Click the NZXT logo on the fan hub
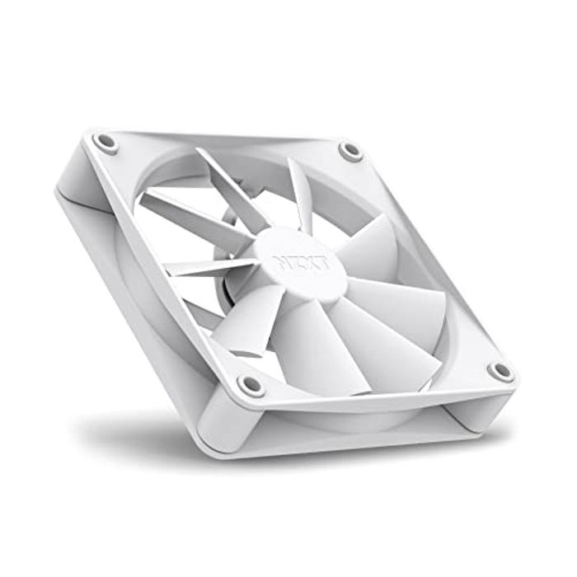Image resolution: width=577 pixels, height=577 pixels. click(301, 263)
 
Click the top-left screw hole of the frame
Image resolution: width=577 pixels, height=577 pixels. click(106, 142)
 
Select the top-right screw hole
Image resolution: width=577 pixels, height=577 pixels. click(350, 151)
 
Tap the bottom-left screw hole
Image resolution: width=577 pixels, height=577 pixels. click(251, 384)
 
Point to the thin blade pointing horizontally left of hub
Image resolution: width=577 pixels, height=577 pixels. click(202, 266)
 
